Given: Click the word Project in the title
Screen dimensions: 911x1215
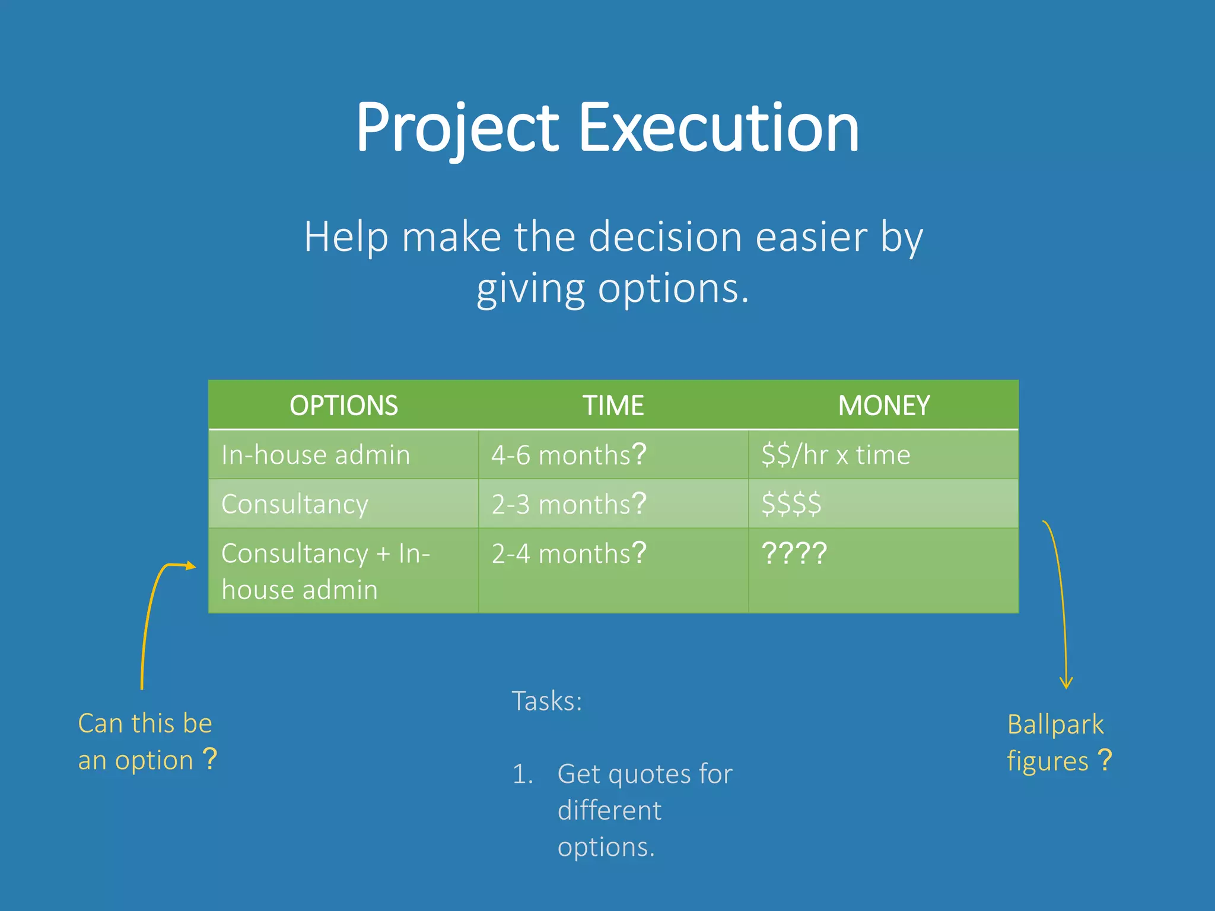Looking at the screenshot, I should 457,128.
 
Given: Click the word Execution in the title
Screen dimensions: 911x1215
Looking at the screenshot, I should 718,128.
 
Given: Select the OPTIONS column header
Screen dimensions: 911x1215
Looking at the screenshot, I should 343,406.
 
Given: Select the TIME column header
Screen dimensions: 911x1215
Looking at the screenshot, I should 613,406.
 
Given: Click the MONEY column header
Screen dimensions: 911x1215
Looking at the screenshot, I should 883,406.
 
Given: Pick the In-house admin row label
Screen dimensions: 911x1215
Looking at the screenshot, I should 316,455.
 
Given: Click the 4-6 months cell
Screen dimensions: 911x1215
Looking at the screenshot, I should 568,455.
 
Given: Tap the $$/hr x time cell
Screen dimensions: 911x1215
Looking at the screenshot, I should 835,455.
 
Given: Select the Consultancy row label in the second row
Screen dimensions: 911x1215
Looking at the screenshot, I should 295,504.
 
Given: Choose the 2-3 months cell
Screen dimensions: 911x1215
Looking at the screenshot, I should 568,504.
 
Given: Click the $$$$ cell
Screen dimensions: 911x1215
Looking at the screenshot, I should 791,504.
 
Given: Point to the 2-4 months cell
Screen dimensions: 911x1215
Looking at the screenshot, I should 568,553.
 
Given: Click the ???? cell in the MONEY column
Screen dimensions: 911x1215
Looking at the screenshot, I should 794,553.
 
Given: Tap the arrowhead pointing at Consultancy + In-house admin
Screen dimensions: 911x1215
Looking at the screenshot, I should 190,565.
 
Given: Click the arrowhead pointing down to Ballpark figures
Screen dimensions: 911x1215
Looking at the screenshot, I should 1066,683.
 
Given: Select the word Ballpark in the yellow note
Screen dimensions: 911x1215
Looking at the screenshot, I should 1055,725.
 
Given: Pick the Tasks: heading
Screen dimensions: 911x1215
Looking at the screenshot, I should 546,701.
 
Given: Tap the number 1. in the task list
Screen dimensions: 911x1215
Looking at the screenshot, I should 523,774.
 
